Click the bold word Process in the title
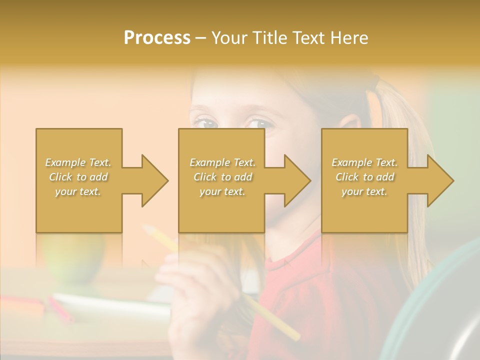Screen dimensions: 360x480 tap(157, 38)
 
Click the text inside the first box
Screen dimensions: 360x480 tap(78, 177)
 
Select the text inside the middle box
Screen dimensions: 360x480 tap(222, 177)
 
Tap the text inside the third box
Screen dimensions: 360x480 tap(364, 177)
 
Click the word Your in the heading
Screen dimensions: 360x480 tap(229, 38)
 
